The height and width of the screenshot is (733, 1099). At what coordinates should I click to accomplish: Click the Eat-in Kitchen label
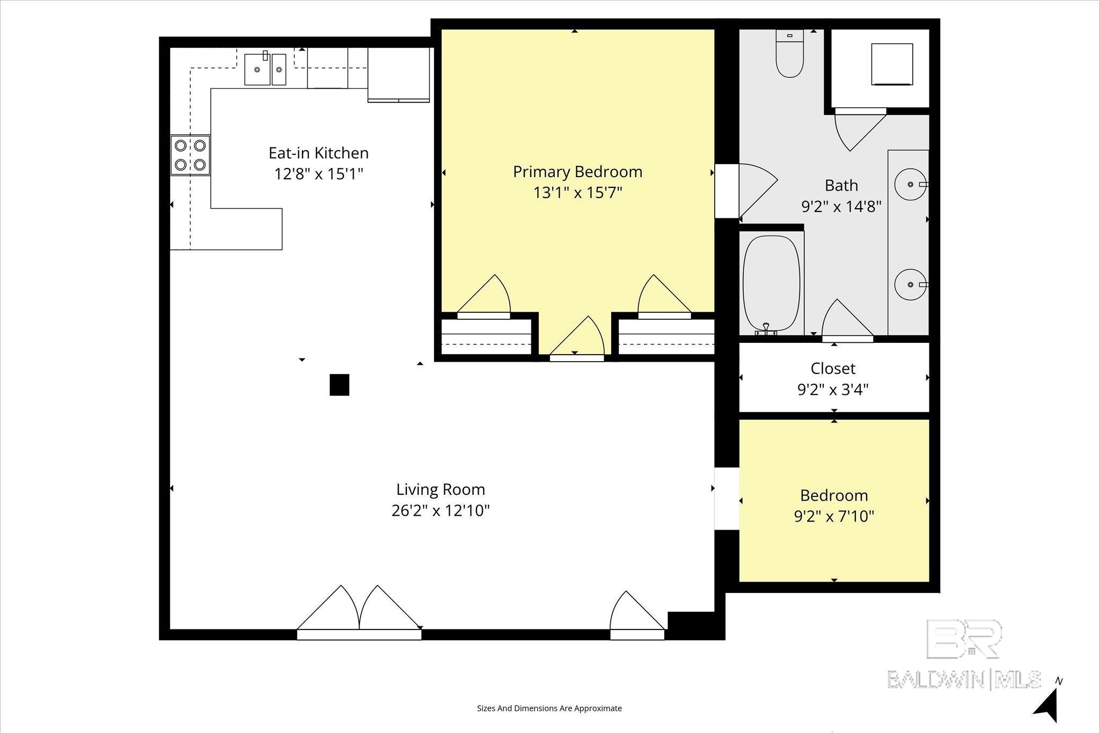pos(319,153)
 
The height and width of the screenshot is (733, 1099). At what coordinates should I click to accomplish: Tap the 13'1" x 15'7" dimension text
pos(577,193)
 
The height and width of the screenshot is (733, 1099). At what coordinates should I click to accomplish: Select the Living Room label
pos(441,489)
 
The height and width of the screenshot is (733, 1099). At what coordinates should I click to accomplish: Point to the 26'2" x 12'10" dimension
pos(441,510)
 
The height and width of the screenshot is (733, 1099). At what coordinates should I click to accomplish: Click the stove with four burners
pos(191,155)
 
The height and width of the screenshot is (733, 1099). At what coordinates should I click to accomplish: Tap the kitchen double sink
pos(266,69)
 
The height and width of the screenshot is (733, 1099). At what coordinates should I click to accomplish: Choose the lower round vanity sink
pos(911,284)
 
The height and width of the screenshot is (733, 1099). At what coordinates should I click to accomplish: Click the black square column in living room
pos(339,385)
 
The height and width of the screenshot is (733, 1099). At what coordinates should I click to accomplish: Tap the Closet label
pos(833,369)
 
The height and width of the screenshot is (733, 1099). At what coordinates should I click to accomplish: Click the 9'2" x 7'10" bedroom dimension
pos(834,516)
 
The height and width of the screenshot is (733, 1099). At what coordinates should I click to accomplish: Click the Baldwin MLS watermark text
pos(964,679)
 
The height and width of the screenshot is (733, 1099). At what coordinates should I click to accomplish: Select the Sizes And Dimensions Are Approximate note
pos(549,708)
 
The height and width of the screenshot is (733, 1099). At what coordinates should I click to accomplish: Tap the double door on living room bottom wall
pos(359,612)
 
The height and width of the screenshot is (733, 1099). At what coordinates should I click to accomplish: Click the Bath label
pos(841,186)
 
